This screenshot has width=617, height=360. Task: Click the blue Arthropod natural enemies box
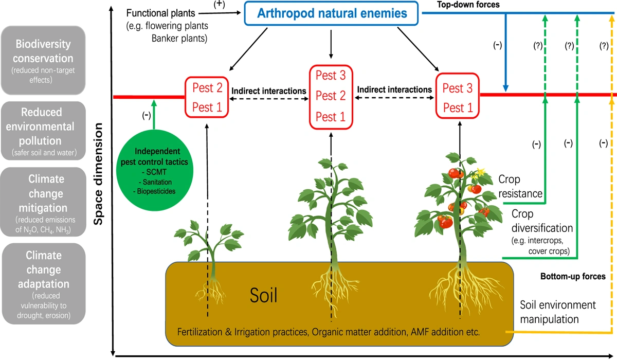click(x=332, y=14)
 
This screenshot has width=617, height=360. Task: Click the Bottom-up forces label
click(x=573, y=277)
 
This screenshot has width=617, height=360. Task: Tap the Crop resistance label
click(x=520, y=187)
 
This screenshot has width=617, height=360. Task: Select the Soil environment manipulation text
click(x=558, y=312)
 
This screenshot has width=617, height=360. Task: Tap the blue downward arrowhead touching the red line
click(x=506, y=91)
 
